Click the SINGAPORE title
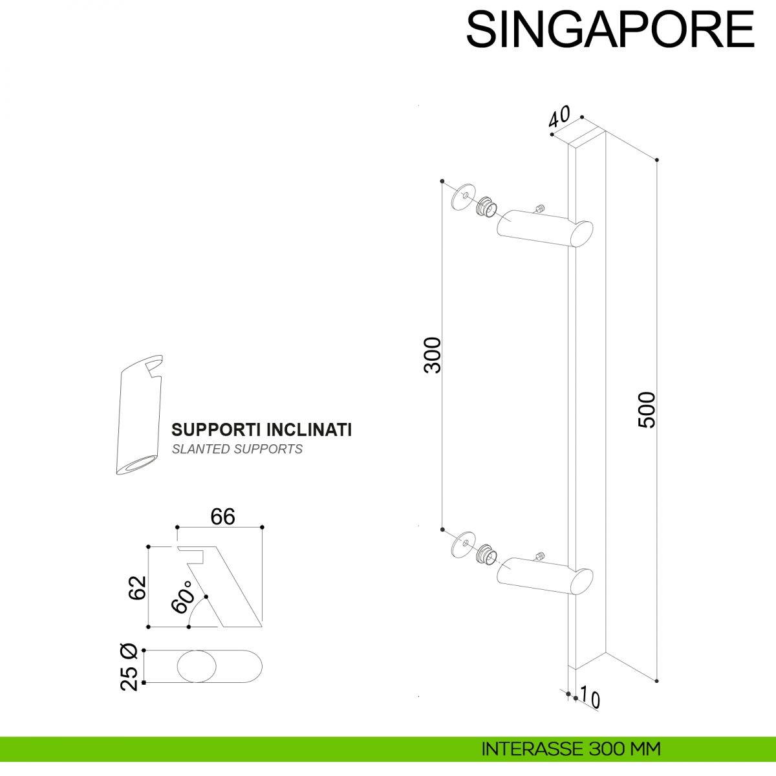coord(610,29)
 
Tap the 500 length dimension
coord(647,409)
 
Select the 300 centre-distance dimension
coord(432,355)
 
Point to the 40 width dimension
coord(559,116)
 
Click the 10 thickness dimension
coord(589,698)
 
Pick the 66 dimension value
coord(222,517)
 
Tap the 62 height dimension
coord(137,587)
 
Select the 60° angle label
coord(183,596)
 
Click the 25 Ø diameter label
coord(129,667)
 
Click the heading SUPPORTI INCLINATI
coord(261,430)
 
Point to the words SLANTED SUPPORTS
coord(237,449)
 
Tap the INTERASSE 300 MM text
coord(571,749)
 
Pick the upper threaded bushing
coord(486,206)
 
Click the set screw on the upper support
coord(539,208)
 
